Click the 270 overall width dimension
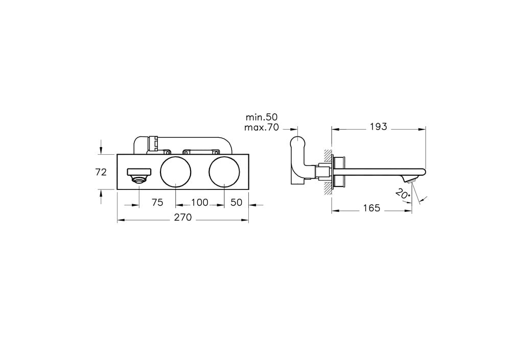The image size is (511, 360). [182, 218]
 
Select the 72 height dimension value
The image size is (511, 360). [101, 172]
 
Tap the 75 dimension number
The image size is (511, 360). [157, 202]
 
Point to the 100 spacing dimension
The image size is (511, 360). [200, 202]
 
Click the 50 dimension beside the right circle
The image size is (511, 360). [236, 202]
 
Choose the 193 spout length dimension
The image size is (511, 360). [378, 127]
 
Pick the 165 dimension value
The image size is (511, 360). [372, 208]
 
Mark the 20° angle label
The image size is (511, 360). [403, 194]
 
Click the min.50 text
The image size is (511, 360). [261, 117]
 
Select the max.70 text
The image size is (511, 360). [262, 127]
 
